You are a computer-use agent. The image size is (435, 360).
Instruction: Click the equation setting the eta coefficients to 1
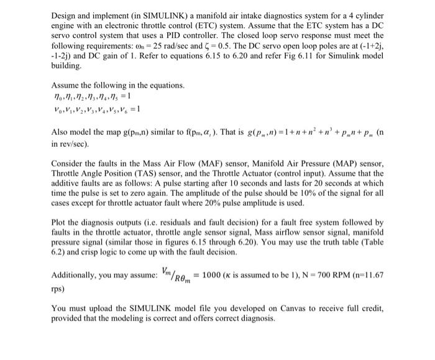[88, 96]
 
